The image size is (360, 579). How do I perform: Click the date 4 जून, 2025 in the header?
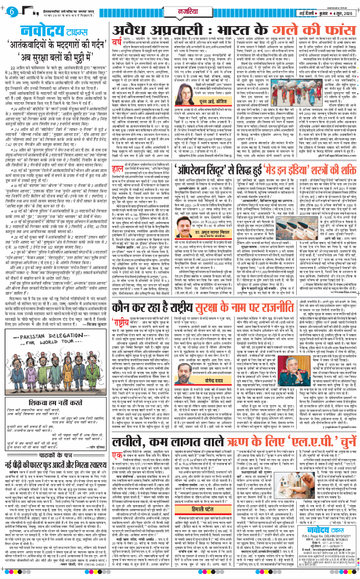(x=339, y=13)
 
